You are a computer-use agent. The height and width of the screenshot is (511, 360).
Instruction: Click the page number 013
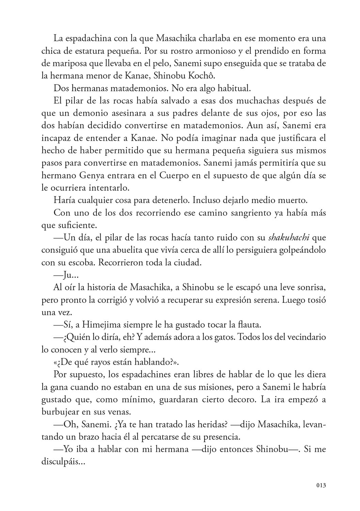click(321, 485)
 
